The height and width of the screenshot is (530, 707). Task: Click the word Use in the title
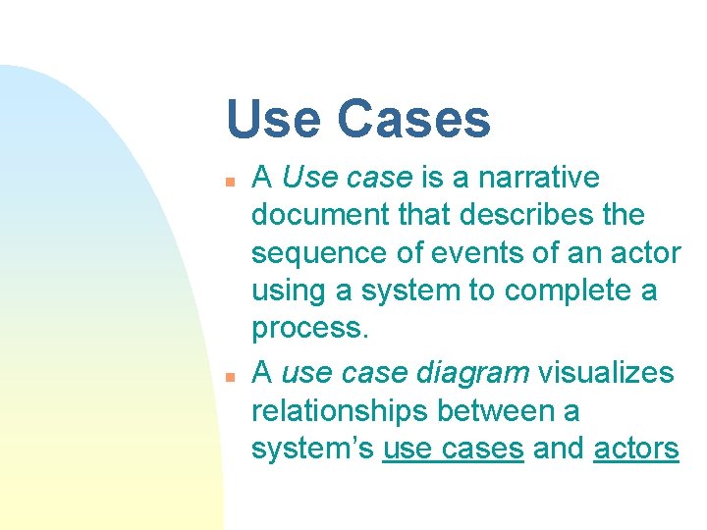[x=272, y=119]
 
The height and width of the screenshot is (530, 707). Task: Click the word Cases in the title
[x=412, y=119]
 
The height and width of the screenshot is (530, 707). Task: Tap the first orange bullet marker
[x=228, y=181]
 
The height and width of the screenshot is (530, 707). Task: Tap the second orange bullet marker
[x=228, y=376]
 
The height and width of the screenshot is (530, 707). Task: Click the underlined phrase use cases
[x=453, y=450]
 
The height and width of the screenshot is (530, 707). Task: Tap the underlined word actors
[x=636, y=450]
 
